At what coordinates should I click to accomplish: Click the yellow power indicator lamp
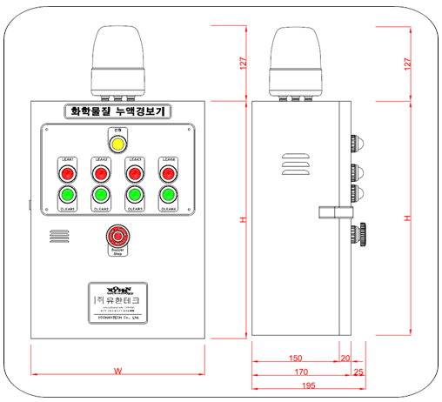pos(117,141)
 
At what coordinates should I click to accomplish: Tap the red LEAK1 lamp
pos(67,174)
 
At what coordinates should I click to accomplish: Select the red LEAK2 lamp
pos(101,174)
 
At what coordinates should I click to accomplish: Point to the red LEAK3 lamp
pos(134,174)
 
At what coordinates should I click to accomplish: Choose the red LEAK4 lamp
pos(168,174)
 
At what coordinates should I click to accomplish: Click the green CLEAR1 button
pos(67,195)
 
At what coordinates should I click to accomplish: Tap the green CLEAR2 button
pos(101,195)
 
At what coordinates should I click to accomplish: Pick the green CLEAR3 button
pos(134,195)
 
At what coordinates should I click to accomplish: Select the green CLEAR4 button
pos(168,195)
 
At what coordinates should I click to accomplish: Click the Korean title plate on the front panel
pos(117,111)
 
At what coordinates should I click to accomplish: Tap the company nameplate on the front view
pos(117,301)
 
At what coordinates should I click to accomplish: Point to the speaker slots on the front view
pos(59,237)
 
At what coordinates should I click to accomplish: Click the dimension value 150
pos(295,358)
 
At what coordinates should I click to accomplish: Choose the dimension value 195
pos(307,386)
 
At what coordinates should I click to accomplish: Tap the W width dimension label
pos(116,372)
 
